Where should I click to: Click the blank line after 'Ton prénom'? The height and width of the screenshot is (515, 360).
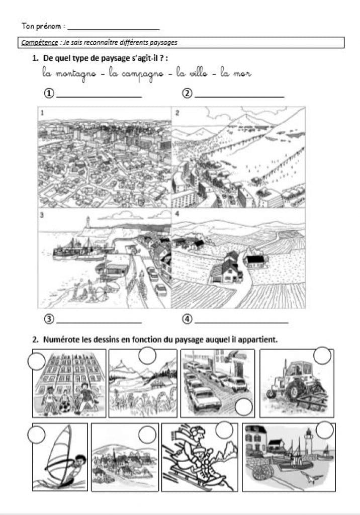tap(114, 30)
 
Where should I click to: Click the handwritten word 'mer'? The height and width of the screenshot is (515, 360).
tap(242, 73)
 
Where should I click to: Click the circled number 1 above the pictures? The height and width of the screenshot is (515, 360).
tap(49, 94)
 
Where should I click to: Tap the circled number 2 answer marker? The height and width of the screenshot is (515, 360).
tap(187, 94)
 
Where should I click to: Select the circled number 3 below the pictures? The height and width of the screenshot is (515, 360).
tap(49, 319)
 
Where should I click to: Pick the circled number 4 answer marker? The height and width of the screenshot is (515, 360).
tap(187, 319)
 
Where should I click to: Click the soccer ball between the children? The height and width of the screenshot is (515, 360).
tap(64, 407)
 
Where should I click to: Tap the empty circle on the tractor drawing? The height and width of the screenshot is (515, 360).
tap(322, 356)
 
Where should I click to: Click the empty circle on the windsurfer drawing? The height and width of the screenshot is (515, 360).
tap(36, 435)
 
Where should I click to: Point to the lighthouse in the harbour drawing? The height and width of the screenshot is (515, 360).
tap(308, 441)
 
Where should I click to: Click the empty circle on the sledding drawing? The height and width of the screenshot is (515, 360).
tap(224, 430)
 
